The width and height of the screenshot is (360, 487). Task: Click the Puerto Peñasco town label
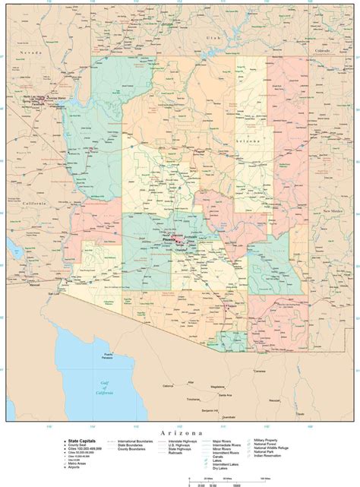tap(109, 356)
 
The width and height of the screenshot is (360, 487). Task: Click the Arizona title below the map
tap(180, 434)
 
